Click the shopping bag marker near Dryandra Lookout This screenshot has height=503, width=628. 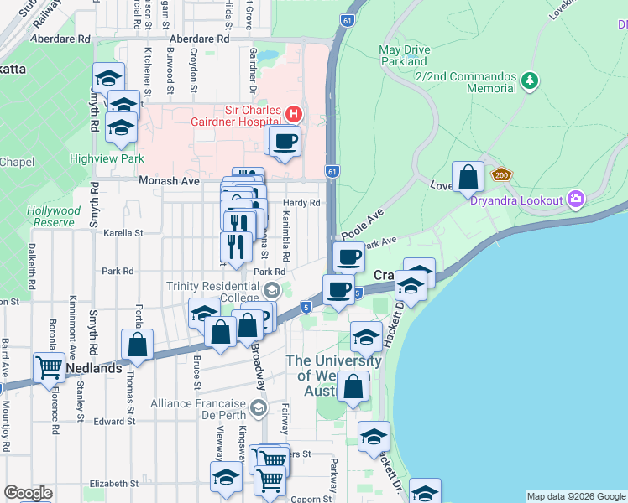468,177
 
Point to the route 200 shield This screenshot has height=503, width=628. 502,175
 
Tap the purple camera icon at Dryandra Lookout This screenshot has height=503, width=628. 576,199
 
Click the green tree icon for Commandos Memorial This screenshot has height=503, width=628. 529,81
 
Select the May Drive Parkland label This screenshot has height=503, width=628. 405,55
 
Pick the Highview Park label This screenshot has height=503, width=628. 118,158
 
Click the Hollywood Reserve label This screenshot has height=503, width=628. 54,216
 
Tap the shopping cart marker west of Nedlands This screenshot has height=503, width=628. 49,367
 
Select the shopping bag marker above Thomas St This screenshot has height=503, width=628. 138,344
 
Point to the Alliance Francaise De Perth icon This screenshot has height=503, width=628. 258,408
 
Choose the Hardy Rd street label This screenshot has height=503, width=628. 301,203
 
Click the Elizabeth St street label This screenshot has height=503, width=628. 113,484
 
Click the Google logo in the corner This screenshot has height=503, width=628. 27,493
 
